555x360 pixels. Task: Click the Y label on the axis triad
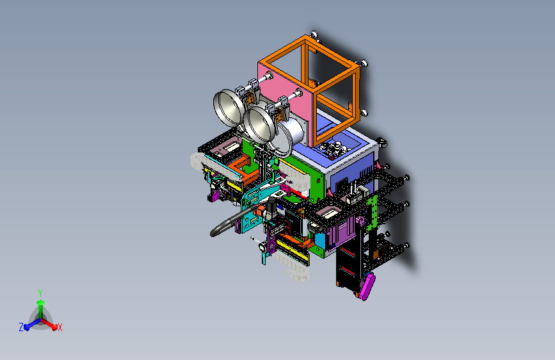tap(40, 293)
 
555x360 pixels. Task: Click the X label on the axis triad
tap(60, 328)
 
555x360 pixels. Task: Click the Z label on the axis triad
tap(21, 327)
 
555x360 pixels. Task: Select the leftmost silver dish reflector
tap(229, 108)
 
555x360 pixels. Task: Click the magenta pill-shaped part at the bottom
tap(368, 286)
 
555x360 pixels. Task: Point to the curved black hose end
tap(215, 233)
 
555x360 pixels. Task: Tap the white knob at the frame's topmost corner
tap(314, 34)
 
